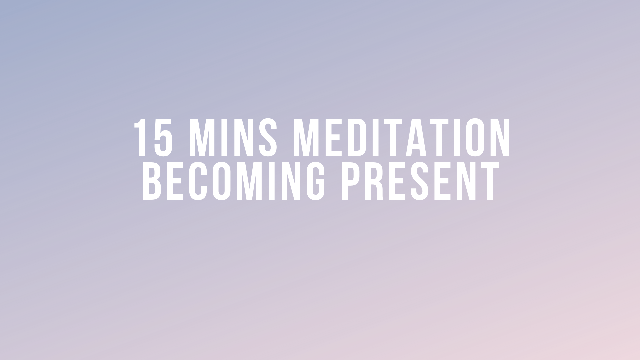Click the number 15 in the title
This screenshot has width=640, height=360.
(x=153, y=137)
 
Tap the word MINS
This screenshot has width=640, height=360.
(x=233, y=137)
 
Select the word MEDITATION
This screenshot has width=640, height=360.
(x=401, y=137)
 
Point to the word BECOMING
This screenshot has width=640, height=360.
(x=234, y=181)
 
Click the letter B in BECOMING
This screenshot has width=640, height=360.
(x=153, y=181)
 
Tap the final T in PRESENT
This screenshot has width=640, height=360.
(x=488, y=181)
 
